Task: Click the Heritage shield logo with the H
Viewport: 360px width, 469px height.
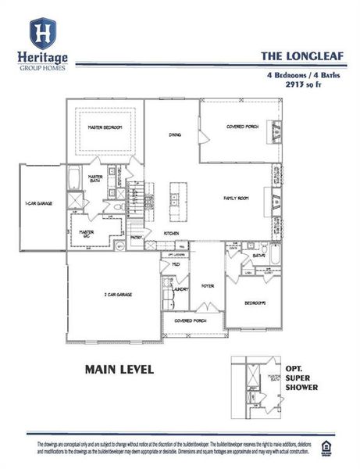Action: coord(42,34)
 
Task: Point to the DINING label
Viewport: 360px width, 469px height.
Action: coord(175,135)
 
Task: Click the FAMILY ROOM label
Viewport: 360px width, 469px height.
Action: coord(236,199)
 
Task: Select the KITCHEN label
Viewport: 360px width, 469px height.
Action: coord(173,234)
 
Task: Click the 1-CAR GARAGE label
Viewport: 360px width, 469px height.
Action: coord(38,203)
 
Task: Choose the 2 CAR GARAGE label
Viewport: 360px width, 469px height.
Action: coord(117,295)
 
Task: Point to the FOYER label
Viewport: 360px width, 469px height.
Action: coord(207,286)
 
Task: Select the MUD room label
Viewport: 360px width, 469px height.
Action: coord(176,264)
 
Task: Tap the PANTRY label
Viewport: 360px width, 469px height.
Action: coord(136,238)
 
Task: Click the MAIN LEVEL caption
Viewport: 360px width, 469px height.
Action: coord(119,368)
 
